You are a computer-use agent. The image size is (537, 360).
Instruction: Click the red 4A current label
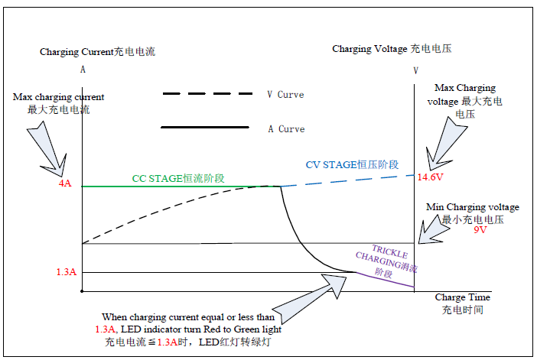(65, 183)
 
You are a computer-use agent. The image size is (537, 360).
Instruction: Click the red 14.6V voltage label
(430, 177)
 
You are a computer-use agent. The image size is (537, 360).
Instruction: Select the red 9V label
(480, 229)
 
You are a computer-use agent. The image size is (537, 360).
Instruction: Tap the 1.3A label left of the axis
(67, 271)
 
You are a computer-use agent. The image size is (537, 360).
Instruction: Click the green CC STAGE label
(178, 178)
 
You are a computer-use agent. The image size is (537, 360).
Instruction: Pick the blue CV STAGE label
(352, 164)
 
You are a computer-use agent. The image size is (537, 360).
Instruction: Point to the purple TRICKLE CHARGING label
(387, 261)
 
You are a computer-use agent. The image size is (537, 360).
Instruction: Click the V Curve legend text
(285, 95)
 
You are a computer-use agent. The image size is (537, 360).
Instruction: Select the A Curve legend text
(286, 129)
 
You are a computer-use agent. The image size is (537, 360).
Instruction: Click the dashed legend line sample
(207, 93)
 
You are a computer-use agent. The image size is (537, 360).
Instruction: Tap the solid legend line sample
(205, 128)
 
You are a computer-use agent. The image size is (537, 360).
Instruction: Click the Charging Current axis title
(98, 52)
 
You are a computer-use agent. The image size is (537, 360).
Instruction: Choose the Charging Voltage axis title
(392, 49)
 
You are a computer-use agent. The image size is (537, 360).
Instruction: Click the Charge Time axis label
(462, 303)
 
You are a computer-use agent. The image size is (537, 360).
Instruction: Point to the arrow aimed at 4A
(48, 148)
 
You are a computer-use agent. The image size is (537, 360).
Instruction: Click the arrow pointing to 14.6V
(444, 144)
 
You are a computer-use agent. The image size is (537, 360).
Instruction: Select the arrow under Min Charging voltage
(432, 230)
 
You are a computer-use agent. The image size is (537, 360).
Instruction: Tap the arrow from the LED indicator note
(310, 298)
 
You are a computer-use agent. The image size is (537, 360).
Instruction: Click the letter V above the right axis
(416, 71)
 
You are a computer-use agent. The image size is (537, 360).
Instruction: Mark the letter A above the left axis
(83, 70)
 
